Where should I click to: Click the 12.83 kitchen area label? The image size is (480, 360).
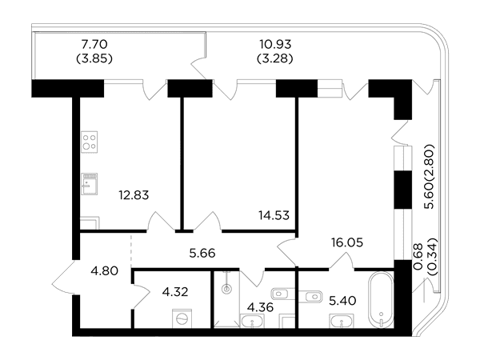click(134, 195)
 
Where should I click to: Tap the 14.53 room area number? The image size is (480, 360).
click(274, 215)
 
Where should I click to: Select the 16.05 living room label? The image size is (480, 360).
click(347, 242)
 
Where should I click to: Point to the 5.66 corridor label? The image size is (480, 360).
click(202, 253)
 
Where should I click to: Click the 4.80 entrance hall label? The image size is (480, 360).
click(105, 271)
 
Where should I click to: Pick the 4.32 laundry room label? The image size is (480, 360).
click(175, 292)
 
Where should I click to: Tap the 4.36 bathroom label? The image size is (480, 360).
click(260, 307)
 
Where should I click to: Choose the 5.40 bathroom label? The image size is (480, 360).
click(342, 301)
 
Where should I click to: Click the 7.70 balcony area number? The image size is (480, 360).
click(94, 44)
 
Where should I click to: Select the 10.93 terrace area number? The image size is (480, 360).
click(275, 44)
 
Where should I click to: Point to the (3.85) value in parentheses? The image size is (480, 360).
click(94, 58)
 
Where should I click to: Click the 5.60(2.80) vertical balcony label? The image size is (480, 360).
click(429, 177)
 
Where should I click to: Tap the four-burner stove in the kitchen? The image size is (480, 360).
click(90, 142)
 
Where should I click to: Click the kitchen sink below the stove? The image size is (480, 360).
click(90, 184)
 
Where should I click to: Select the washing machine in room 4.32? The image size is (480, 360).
click(182, 318)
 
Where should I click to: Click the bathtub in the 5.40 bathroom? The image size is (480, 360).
click(381, 300)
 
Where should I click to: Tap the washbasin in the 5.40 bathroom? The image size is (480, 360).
click(342, 321)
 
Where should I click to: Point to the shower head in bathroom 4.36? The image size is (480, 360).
click(226, 289)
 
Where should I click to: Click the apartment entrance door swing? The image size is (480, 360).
click(64, 278)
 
